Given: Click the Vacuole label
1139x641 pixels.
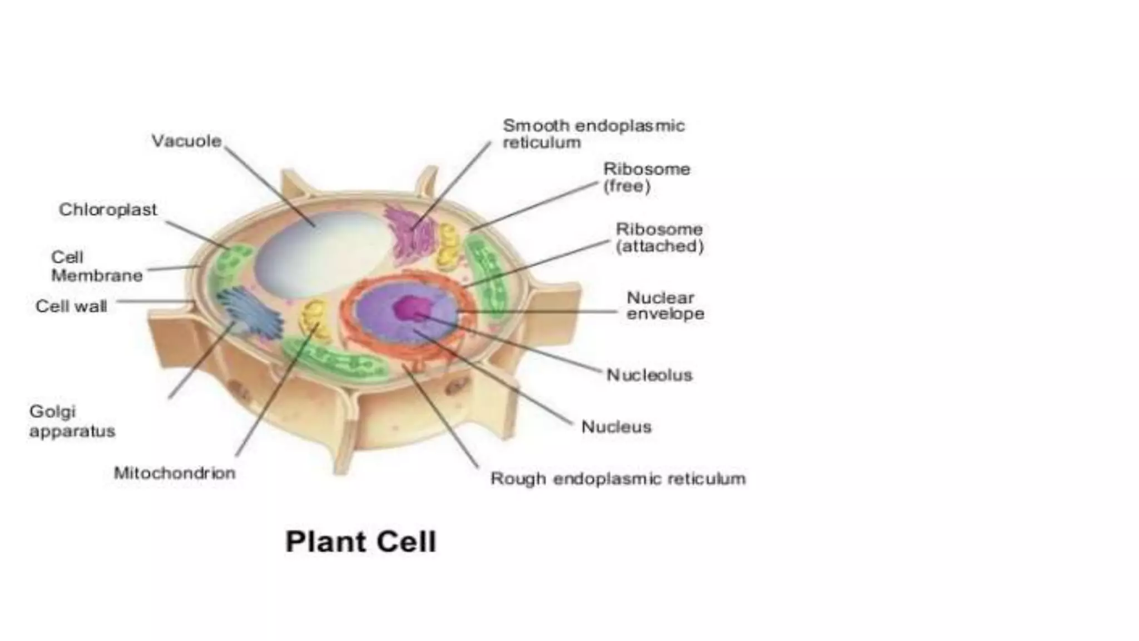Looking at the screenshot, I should [x=186, y=141].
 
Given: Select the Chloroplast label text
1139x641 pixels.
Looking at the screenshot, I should [x=108, y=210].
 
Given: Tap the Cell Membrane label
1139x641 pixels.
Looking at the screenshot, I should [x=97, y=267].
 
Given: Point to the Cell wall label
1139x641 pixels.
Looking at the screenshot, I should [x=71, y=306].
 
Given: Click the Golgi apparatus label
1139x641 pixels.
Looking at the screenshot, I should [x=72, y=421].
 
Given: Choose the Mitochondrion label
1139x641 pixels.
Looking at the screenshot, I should [x=175, y=473].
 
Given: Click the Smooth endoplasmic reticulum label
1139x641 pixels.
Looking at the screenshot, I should [x=593, y=134].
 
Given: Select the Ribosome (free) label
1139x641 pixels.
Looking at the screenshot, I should [x=647, y=177].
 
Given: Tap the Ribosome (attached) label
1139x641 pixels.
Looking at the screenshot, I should [x=660, y=238].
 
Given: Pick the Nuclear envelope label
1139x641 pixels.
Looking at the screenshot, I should [x=665, y=305].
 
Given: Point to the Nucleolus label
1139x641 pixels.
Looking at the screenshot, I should [x=649, y=375].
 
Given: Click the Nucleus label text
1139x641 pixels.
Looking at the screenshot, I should [x=616, y=427].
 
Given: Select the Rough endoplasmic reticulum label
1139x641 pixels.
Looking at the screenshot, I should [x=618, y=479].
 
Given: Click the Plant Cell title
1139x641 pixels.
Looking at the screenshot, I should [x=360, y=541].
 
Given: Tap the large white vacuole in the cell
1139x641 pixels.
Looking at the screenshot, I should [x=320, y=256].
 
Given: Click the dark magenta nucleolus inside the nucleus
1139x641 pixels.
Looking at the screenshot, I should [x=411, y=308].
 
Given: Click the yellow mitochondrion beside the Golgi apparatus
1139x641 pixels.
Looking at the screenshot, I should [x=315, y=320].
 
